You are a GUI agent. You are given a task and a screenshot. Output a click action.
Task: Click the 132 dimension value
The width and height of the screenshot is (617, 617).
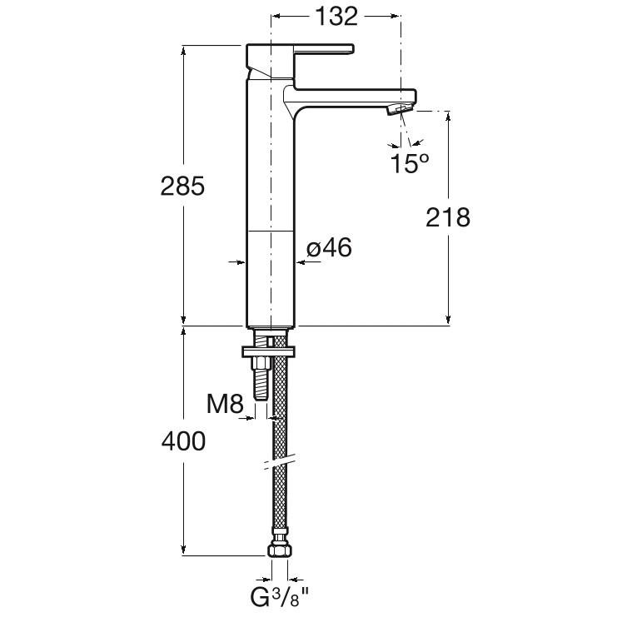point(337,17)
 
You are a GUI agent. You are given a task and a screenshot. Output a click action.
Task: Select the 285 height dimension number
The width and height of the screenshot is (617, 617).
point(182,186)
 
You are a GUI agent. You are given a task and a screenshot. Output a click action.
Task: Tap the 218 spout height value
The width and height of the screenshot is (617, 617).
point(448,217)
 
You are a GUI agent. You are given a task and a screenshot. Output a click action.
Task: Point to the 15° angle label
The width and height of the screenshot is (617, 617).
point(410,163)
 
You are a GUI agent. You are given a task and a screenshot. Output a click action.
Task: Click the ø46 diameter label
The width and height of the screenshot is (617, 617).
point(329,248)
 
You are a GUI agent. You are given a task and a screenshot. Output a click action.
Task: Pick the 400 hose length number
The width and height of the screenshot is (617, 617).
point(183,440)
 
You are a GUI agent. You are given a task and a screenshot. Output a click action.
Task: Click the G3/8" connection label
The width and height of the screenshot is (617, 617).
point(280,598)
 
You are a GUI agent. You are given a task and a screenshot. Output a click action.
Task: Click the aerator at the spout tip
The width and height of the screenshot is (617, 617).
point(401,108)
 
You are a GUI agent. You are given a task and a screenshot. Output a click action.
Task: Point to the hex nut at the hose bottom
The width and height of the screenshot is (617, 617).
point(280,550)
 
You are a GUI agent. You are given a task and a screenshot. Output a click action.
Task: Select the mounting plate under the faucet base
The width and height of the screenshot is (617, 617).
point(269,351)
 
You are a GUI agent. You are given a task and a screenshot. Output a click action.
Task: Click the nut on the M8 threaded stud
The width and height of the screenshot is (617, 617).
point(261,363)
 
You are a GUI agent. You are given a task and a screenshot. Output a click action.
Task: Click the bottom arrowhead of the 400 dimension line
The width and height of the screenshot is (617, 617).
point(183,550)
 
